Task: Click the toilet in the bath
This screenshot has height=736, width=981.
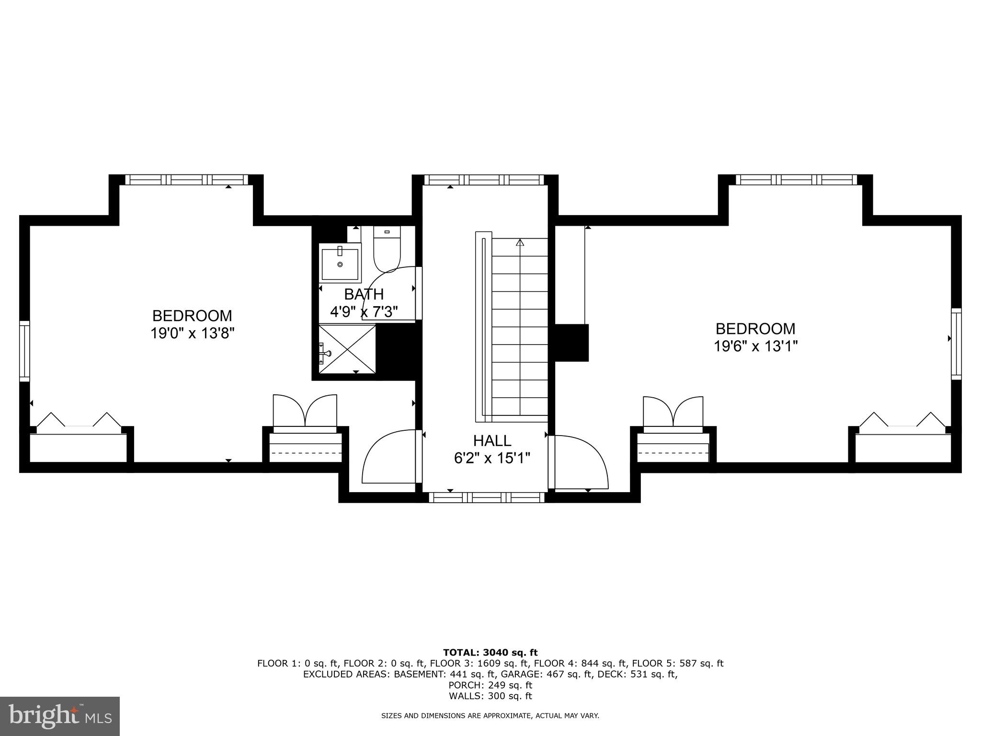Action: click(x=387, y=250)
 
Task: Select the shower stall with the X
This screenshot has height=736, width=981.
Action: click(x=347, y=348)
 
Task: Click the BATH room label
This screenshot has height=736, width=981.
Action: click(x=364, y=294)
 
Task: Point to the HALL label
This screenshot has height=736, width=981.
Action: click(x=492, y=440)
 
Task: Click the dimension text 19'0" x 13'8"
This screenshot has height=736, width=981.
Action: click(x=192, y=333)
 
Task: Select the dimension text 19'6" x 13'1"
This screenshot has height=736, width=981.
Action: click(x=755, y=346)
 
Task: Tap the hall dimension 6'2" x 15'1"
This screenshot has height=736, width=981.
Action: click(x=492, y=459)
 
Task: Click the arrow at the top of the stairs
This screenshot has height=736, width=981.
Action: click(x=520, y=242)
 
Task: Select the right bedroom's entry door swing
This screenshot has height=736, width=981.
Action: click(x=580, y=461)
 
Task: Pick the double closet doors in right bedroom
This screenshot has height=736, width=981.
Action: click(x=673, y=411)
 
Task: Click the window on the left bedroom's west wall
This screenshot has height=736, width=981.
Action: click(x=24, y=351)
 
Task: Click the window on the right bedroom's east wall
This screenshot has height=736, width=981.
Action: click(x=956, y=344)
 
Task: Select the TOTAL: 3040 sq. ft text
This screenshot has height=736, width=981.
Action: click(x=490, y=652)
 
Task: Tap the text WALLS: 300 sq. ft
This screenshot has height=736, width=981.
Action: click(x=490, y=696)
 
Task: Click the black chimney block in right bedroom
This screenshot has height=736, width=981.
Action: click(x=571, y=343)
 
